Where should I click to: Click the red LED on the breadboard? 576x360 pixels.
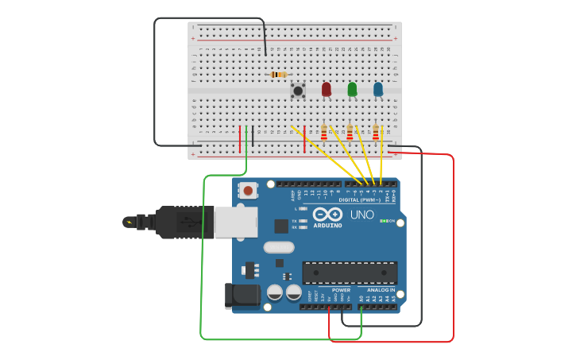pos(326,89)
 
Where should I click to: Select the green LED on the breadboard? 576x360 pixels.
pos(352,89)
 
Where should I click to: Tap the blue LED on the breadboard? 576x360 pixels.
pos(378,89)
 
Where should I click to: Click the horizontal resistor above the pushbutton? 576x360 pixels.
pos(278,75)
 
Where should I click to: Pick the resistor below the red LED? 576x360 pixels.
pos(324,132)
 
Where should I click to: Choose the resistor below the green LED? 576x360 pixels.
pos(350,132)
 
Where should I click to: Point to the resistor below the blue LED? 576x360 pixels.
pos(376,132)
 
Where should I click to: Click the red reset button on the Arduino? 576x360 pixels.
pos(249,191)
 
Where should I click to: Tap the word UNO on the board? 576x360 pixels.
pos(362,215)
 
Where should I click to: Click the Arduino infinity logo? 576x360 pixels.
pos(327,215)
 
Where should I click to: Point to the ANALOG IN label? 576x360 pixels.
pos(381,290)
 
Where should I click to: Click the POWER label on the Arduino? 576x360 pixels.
pos(341,290)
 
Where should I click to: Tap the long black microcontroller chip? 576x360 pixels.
pos(350,273)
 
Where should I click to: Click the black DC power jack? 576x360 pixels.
pos(242,296)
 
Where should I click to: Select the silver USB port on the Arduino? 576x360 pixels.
pos(235,222)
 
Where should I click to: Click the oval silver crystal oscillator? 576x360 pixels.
pos(279,247)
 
